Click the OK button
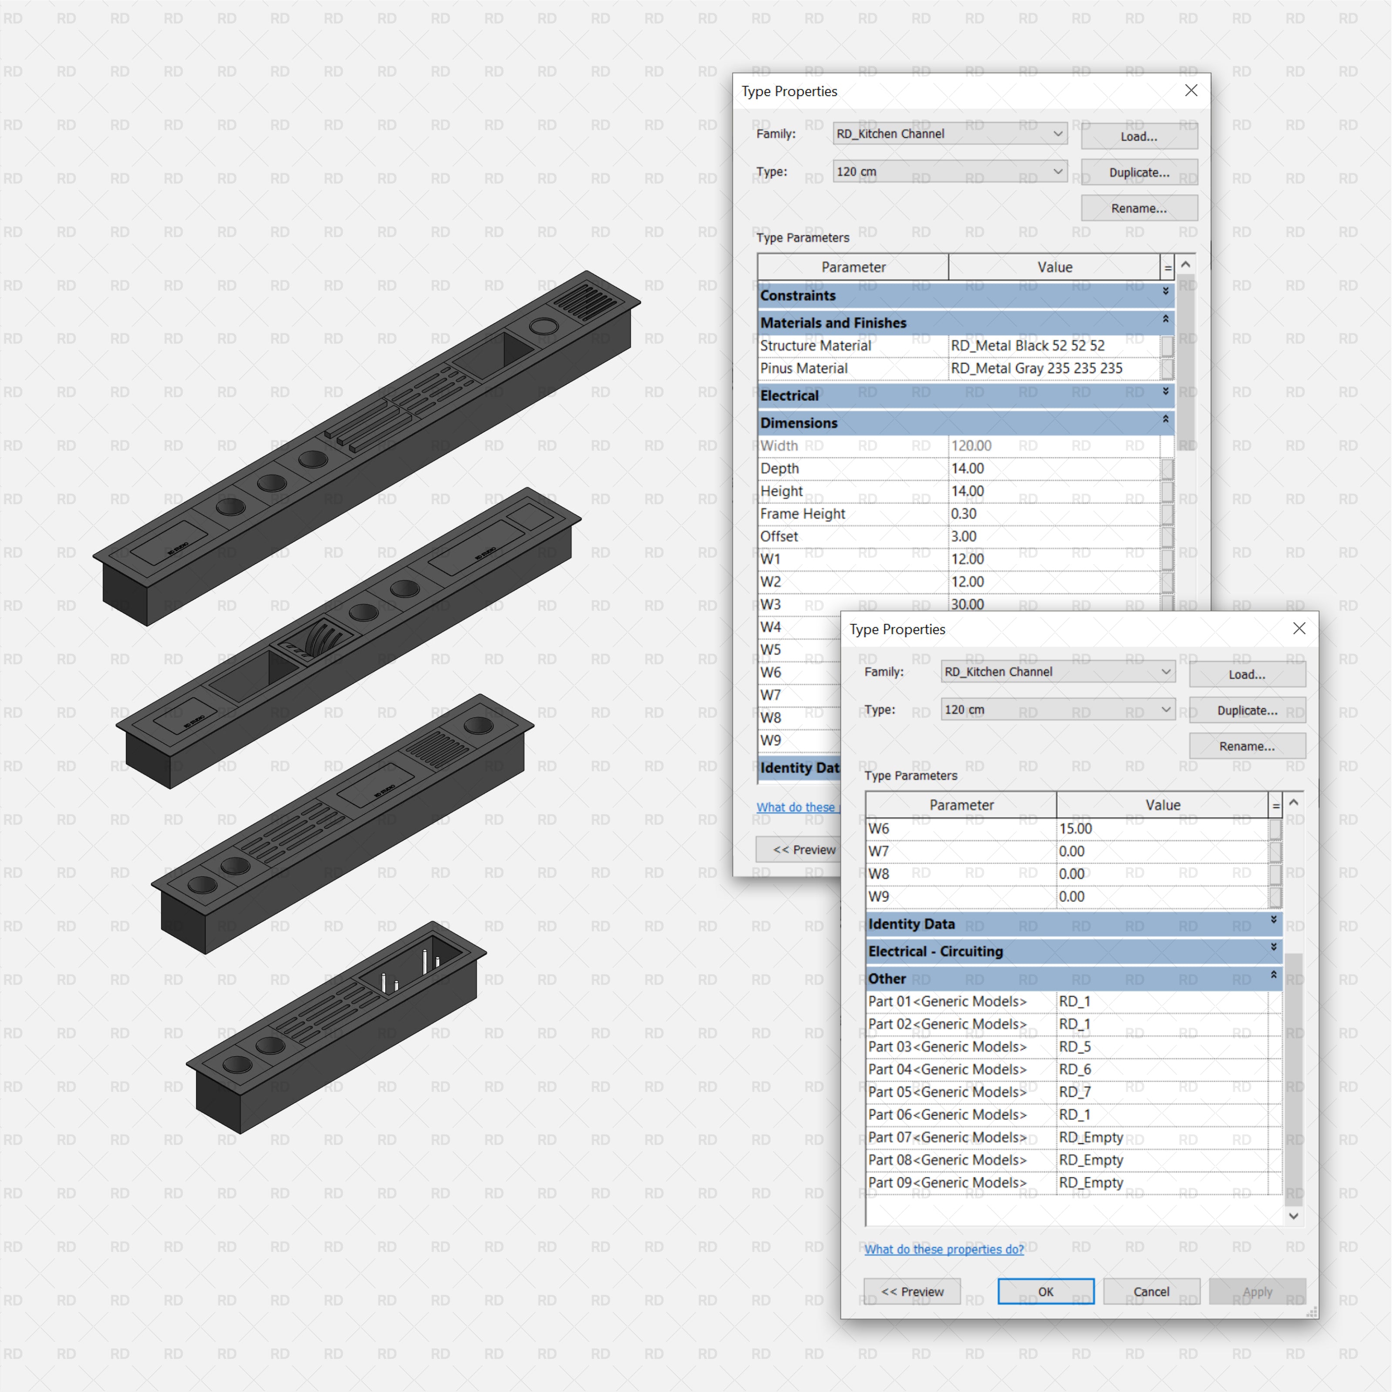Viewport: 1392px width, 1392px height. pos(1045,1291)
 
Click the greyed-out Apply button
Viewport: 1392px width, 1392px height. pos(1257,1291)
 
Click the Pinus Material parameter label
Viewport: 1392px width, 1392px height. pos(803,368)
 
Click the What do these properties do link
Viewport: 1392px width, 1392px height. pos(944,1249)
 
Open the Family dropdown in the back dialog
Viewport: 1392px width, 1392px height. pos(950,133)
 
